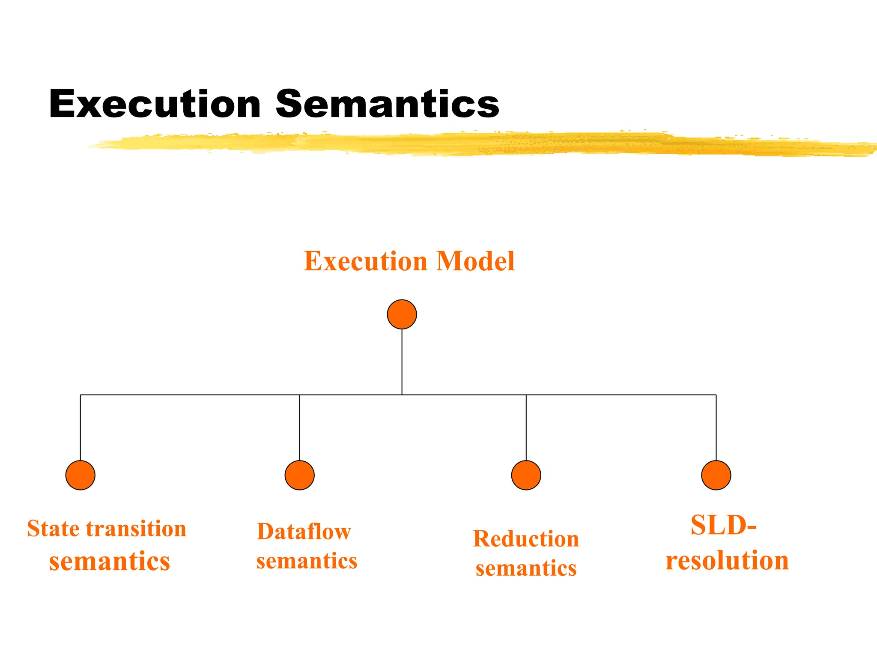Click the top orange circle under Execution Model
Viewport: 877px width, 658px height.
pos(402,314)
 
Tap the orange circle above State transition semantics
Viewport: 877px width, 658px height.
pos(81,475)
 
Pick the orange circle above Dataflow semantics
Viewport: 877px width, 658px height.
pos(300,475)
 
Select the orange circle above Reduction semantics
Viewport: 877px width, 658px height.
pos(526,475)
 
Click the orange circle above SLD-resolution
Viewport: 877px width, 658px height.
pos(716,475)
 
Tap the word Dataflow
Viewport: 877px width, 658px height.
pos(304,532)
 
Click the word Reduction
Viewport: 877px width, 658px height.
pos(526,539)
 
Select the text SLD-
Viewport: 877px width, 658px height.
pos(723,525)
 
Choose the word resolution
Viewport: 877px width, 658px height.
pos(727,560)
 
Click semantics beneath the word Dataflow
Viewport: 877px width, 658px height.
pos(307,561)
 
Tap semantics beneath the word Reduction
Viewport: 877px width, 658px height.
pos(526,568)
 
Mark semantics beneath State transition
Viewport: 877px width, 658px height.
pos(109,562)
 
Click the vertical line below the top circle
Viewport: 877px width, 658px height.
pos(402,362)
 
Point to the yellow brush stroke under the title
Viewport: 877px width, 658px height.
pos(471,144)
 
